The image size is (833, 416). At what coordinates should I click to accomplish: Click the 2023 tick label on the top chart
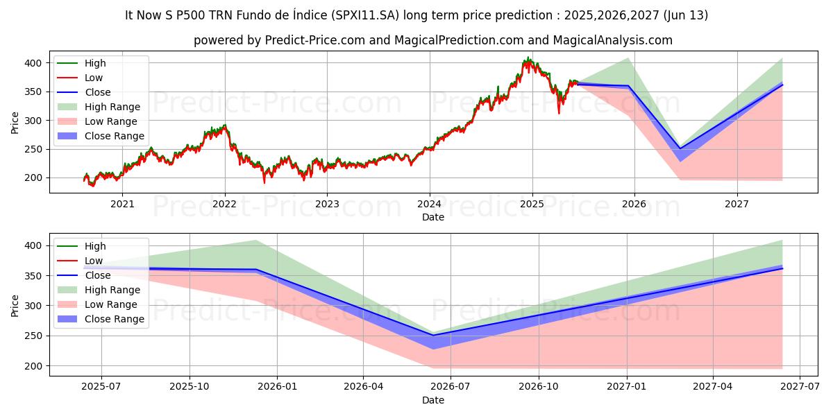pyautogui.click(x=327, y=204)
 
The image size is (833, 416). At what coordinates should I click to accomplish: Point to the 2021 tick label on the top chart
pyautogui.click(x=122, y=204)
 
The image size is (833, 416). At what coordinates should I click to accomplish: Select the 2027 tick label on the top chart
pyautogui.click(x=737, y=204)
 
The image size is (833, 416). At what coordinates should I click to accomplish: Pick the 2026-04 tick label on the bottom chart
pyautogui.click(x=363, y=386)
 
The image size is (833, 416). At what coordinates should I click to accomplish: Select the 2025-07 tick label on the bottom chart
pyautogui.click(x=101, y=386)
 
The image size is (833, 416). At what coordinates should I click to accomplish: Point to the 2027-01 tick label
pyautogui.click(x=627, y=386)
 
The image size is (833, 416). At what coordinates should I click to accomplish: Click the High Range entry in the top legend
pyautogui.click(x=112, y=107)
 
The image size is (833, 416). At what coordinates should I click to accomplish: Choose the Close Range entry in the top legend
pyautogui.click(x=114, y=136)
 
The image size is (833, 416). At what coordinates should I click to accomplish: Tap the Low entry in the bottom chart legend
pyautogui.click(x=94, y=261)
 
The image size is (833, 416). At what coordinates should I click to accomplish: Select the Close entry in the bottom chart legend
pyautogui.click(x=97, y=275)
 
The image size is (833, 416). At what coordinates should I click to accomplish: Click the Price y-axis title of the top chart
pyautogui.click(x=15, y=123)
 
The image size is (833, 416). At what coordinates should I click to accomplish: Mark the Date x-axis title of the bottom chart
pyautogui.click(x=433, y=400)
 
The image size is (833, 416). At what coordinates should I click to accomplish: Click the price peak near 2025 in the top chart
pyautogui.click(x=528, y=58)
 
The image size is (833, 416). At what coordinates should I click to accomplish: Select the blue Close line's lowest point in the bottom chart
pyautogui.click(x=433, y=336)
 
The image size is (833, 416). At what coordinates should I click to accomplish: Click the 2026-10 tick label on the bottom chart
pyautogui.click(x=539, y=386)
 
